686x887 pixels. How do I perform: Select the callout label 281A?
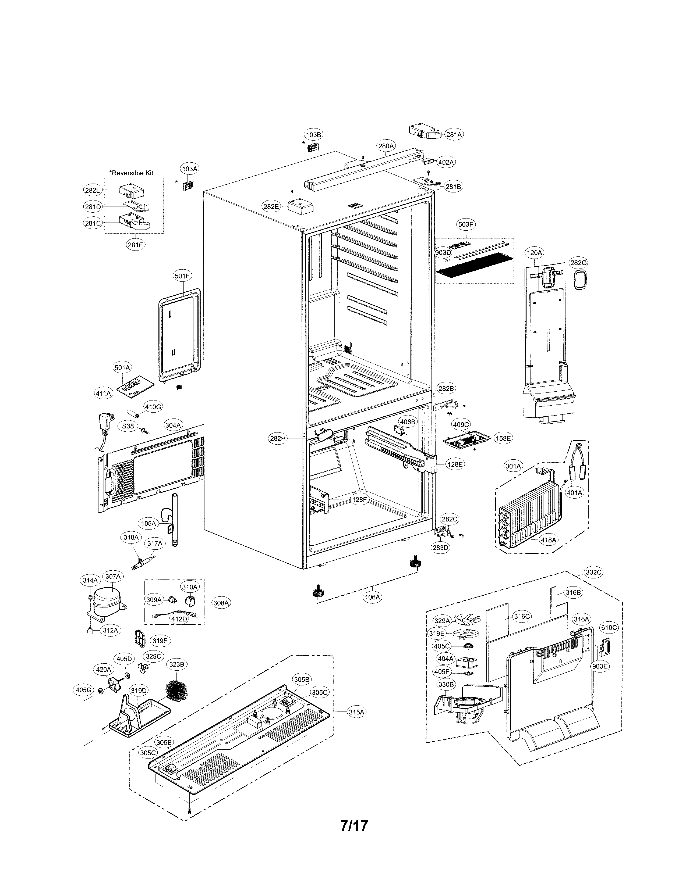click(x=454, y=134)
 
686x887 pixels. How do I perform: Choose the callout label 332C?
click(x=593, y=572)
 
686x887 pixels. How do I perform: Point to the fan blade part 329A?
click(x=468, y=620)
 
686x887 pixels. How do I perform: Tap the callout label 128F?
click(x=359, y=500)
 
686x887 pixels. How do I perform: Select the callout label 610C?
click(x=609, y=627)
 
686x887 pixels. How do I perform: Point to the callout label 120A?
click(x=535, y=253)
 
